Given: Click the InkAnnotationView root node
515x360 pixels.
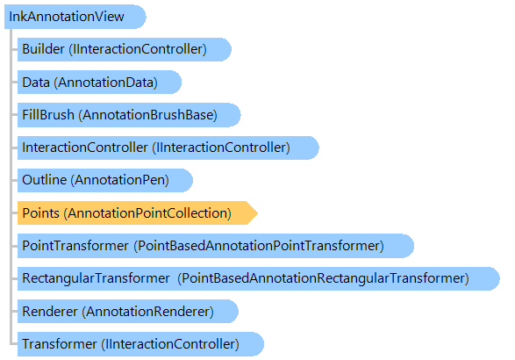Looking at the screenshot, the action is (x=75, y=17).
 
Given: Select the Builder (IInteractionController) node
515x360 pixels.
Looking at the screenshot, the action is (x=125, y=49).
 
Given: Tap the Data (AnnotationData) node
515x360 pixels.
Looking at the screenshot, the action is (x=99, y=83).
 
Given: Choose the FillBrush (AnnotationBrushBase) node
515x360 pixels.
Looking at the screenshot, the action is (x=129, y=115).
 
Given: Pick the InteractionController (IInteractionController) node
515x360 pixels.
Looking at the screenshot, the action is (x=168, y=148).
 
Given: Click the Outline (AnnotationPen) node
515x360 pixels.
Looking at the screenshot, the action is (x=104, y=180).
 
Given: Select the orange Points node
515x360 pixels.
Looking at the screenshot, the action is (x=137, y=213).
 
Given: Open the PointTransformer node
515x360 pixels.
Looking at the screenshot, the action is (x=216, y=246).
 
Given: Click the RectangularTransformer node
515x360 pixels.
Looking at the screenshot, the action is (x=259, y=278).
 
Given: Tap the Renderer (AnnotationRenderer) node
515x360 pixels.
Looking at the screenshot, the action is (x=128, y=311).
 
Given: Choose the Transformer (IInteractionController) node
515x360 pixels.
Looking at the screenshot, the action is (x=140, y=344).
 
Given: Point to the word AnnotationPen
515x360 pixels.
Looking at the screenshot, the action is (x=119, y=180).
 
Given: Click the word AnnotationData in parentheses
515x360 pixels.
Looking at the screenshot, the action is (x=106, y=83).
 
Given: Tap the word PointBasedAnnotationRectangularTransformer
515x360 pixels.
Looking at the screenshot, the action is (x=323, y=278).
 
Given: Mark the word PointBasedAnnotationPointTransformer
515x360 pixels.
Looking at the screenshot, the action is (x=259, y=246).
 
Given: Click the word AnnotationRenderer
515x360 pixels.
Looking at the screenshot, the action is (x=147, y=312).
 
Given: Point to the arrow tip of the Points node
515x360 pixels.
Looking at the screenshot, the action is (x=258, y=213).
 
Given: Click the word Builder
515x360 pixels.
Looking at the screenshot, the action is (x=43, y=49).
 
